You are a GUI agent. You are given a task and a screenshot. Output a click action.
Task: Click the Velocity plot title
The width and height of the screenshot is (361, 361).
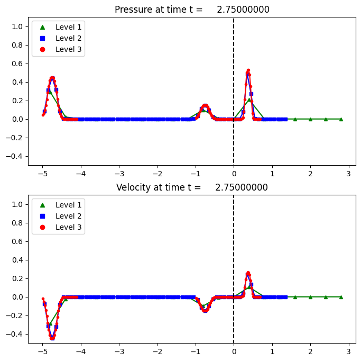point(192,187)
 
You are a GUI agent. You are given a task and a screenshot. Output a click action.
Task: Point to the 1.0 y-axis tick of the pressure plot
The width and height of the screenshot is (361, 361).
point(18,26)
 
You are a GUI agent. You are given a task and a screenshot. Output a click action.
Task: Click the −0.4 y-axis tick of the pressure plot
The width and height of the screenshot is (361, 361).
point(15,156)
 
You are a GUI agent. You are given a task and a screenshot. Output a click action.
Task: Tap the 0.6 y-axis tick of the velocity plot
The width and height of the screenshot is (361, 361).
point(18,241)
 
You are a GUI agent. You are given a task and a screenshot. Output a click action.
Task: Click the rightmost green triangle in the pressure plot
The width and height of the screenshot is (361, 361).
point(341,119)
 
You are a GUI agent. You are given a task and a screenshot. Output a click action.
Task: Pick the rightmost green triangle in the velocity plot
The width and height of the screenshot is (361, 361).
point(341,297)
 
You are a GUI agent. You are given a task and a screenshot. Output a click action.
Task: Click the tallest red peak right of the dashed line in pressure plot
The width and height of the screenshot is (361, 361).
point(248,70)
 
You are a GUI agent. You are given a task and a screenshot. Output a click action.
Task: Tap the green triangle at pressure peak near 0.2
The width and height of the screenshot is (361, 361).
point(249,100)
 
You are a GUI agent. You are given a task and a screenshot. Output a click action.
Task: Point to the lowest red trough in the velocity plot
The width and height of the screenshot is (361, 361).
point(52,338)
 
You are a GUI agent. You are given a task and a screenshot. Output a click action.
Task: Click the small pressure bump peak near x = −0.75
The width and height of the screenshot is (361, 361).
point(205,105)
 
